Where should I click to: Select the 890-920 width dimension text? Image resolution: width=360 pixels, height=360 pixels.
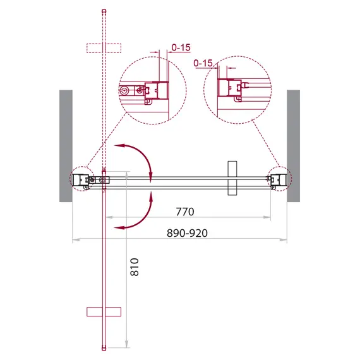point(186,233)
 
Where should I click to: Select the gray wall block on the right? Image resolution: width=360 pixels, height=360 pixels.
point(293,145)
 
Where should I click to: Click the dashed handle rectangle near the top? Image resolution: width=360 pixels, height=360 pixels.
point(103,47)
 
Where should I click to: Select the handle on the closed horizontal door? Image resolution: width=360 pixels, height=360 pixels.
point(232,180)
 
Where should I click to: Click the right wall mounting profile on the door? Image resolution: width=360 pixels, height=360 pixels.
point(277,180)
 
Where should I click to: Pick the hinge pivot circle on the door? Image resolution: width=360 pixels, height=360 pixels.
point(103,180)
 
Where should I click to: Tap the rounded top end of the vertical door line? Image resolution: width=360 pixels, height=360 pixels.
point(103,11)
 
